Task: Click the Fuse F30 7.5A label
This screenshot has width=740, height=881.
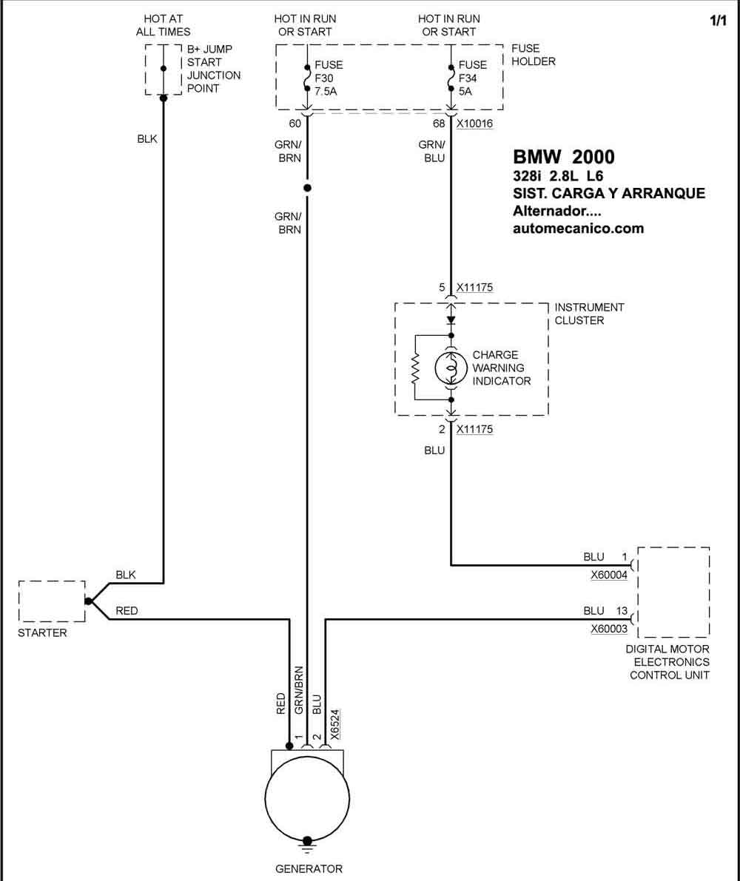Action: click(x=329, y=78)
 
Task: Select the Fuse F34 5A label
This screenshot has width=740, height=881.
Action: click(x=473, y=78)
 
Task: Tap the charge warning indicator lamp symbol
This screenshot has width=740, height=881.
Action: click(x=451, y=368)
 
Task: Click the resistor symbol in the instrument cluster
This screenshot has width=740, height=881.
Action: click(x=416, y=368)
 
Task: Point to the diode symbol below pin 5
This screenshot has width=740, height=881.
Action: click(x=451, y=320)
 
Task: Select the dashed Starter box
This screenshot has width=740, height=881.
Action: click(x=52, y=601)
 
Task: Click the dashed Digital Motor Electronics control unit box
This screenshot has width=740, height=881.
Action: click(x=673, y=593)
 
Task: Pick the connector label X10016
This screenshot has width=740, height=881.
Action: click(x=474, y=124)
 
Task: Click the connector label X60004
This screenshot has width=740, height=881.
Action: click(x=608, y=575)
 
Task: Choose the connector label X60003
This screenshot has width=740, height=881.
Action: click(x=608, y=629)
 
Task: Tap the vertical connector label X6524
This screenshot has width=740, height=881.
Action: click(x=334, y=725)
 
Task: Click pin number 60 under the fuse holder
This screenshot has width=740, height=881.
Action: click(x=295, y=124)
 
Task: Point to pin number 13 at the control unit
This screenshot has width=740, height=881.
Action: click(x=622, y=611)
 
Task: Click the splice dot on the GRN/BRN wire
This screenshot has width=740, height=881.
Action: click(x=307, y=188)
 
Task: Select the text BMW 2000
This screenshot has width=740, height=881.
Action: click(x=564, y=157)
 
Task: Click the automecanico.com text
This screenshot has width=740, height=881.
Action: click(x=578, y=228)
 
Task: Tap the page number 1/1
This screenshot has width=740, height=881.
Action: click(x=718, y=21)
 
